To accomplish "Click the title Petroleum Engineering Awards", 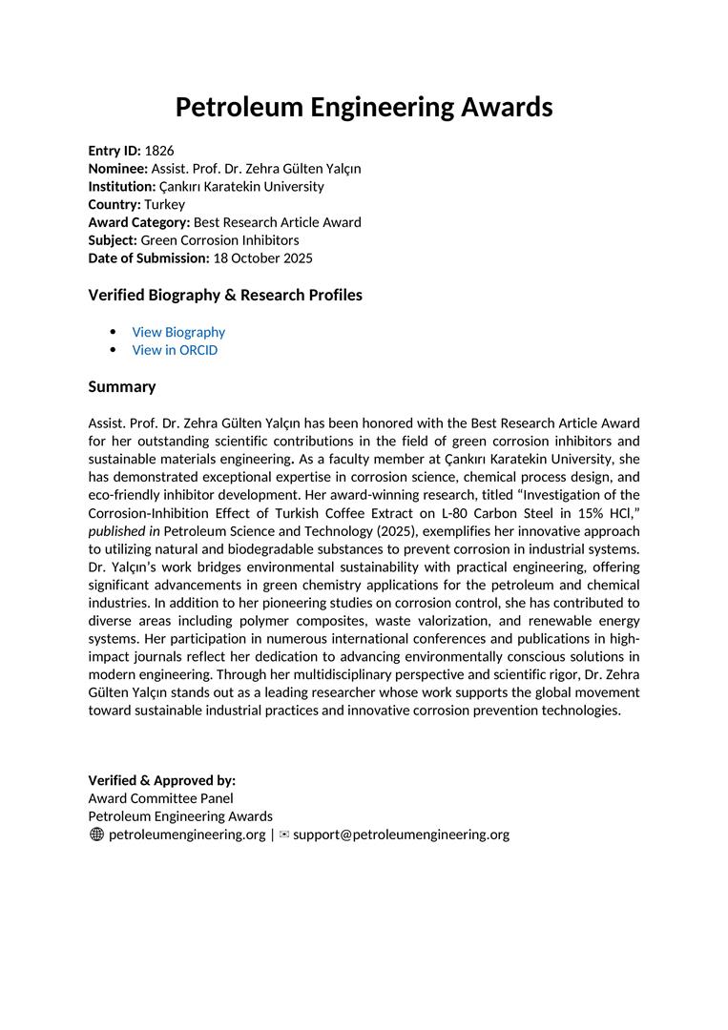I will pyautogui.click(x=364, y=107).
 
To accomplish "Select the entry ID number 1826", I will pyautogui.click(x=159, y=151).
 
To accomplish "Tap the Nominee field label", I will pyautogui.click(x=118, y=169).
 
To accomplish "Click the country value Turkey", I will pyautogui.click(x=165, y=204).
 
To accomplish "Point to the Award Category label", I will pyautogui.click(x=139, y=222).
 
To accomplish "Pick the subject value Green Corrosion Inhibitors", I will pyautogui.click(x=219, y=240).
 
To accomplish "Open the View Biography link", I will pyautogui.click(x=178, y=332).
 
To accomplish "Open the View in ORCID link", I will pyautogui.click(x=175, y=350).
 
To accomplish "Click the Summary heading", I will pyautogui.click(x=122, y=387).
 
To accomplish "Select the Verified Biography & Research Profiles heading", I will pyautogui.click(x=225, y=296).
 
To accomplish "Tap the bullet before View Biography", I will pyautogui.click(x=114, y=332).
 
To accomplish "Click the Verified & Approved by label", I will pyautogui.click(x=162, y=780).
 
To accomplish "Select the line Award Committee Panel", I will pyautogui.click(x=160, y=798).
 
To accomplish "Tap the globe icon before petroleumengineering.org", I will pyautogui.click(x=96, y=834).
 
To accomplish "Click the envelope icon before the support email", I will pyautogui.click(x=283, y=834).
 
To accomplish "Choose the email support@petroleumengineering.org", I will pyautogui.click(x=401, y=834).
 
